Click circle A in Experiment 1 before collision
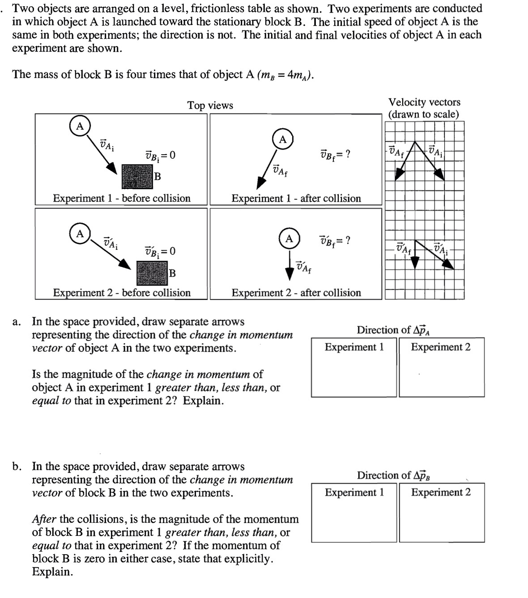point(80,126)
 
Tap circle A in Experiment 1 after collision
point(282,139)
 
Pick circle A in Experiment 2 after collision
point(289,239)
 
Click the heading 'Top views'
point(210,105)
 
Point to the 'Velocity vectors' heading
point(424,102)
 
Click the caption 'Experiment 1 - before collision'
point(122,198)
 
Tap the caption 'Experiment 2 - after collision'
point(296,293)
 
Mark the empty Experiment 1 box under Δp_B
point(354,518)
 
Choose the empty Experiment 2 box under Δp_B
point(441,518)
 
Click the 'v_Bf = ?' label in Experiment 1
point(335,155)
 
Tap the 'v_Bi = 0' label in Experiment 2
point(160,251)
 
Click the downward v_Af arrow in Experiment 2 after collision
point(289,266)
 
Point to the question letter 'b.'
point(17,467)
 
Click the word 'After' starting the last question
point(44,519)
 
